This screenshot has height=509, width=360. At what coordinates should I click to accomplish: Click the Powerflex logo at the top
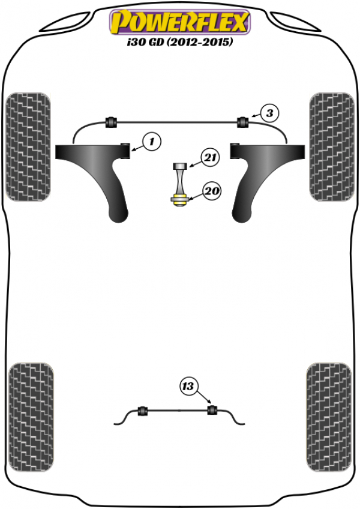click(180, 22)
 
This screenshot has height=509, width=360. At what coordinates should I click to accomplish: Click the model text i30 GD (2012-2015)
click(180, 42)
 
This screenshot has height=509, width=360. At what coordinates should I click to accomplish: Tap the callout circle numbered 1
click(152, 142)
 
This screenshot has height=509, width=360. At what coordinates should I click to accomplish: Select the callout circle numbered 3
click(270, 113)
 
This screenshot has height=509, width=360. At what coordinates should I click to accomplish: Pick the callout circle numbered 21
click(210, 157)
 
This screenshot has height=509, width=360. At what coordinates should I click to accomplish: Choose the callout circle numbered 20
click(212, 190)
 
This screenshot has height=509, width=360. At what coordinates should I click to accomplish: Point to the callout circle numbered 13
click(188, 387)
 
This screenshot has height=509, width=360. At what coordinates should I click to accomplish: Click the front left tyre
click(28, 146)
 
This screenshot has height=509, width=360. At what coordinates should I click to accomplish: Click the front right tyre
click(331, 146)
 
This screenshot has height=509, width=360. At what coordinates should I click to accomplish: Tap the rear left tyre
click(31, 417)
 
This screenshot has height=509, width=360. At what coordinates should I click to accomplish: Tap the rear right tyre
click(329, 417)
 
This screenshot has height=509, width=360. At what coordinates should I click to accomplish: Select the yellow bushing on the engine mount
click(179, 199)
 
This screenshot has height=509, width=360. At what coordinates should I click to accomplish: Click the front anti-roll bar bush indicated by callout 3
click(242, 122)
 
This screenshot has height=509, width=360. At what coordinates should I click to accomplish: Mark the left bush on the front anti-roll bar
click(110, 122)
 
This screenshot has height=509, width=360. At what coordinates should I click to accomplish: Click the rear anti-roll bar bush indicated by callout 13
click(212, 410)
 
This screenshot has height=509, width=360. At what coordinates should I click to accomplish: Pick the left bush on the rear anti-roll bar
click(143, 411)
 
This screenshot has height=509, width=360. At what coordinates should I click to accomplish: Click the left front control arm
click(97, 172)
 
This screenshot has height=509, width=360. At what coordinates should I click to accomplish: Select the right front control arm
click(263, 172)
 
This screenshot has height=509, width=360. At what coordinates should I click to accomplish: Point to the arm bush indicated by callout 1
click(125, 151)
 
